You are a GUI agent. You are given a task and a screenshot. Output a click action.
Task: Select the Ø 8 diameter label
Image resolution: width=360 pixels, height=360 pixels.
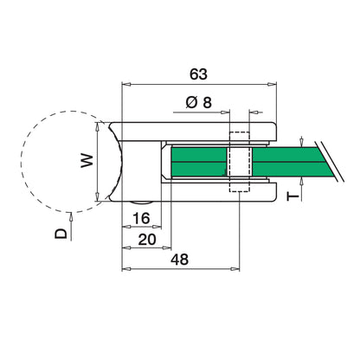click(198, 102)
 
